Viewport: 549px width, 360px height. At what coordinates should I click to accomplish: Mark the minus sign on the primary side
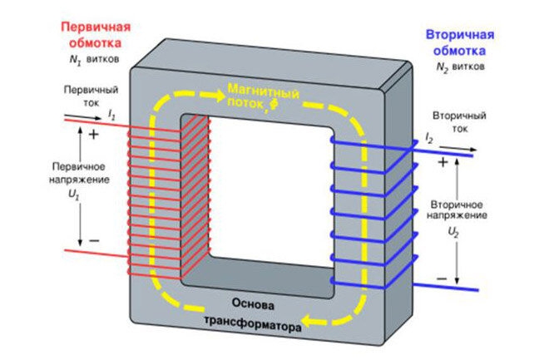pyautogui.click(x=93, y=239)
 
